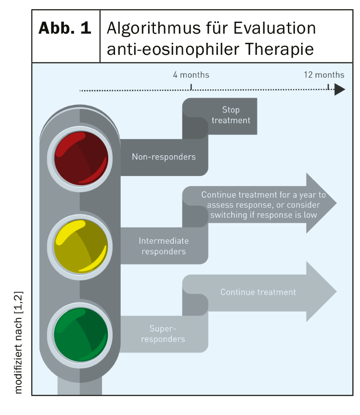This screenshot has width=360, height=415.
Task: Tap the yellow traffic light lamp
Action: [81, 247]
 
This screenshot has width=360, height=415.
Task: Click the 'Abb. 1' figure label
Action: [65, 28]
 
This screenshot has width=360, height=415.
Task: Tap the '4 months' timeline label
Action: [191, 75]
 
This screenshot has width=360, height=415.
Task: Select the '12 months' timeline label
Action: [324, 75]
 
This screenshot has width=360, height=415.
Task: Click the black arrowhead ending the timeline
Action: [340, 89]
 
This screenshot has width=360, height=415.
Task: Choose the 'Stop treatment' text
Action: [231, 115]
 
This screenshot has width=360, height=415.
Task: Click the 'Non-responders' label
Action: [164, 157]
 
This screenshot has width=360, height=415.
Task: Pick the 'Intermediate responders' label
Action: [164, 246]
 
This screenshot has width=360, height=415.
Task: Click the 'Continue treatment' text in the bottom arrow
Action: [258, 292]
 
